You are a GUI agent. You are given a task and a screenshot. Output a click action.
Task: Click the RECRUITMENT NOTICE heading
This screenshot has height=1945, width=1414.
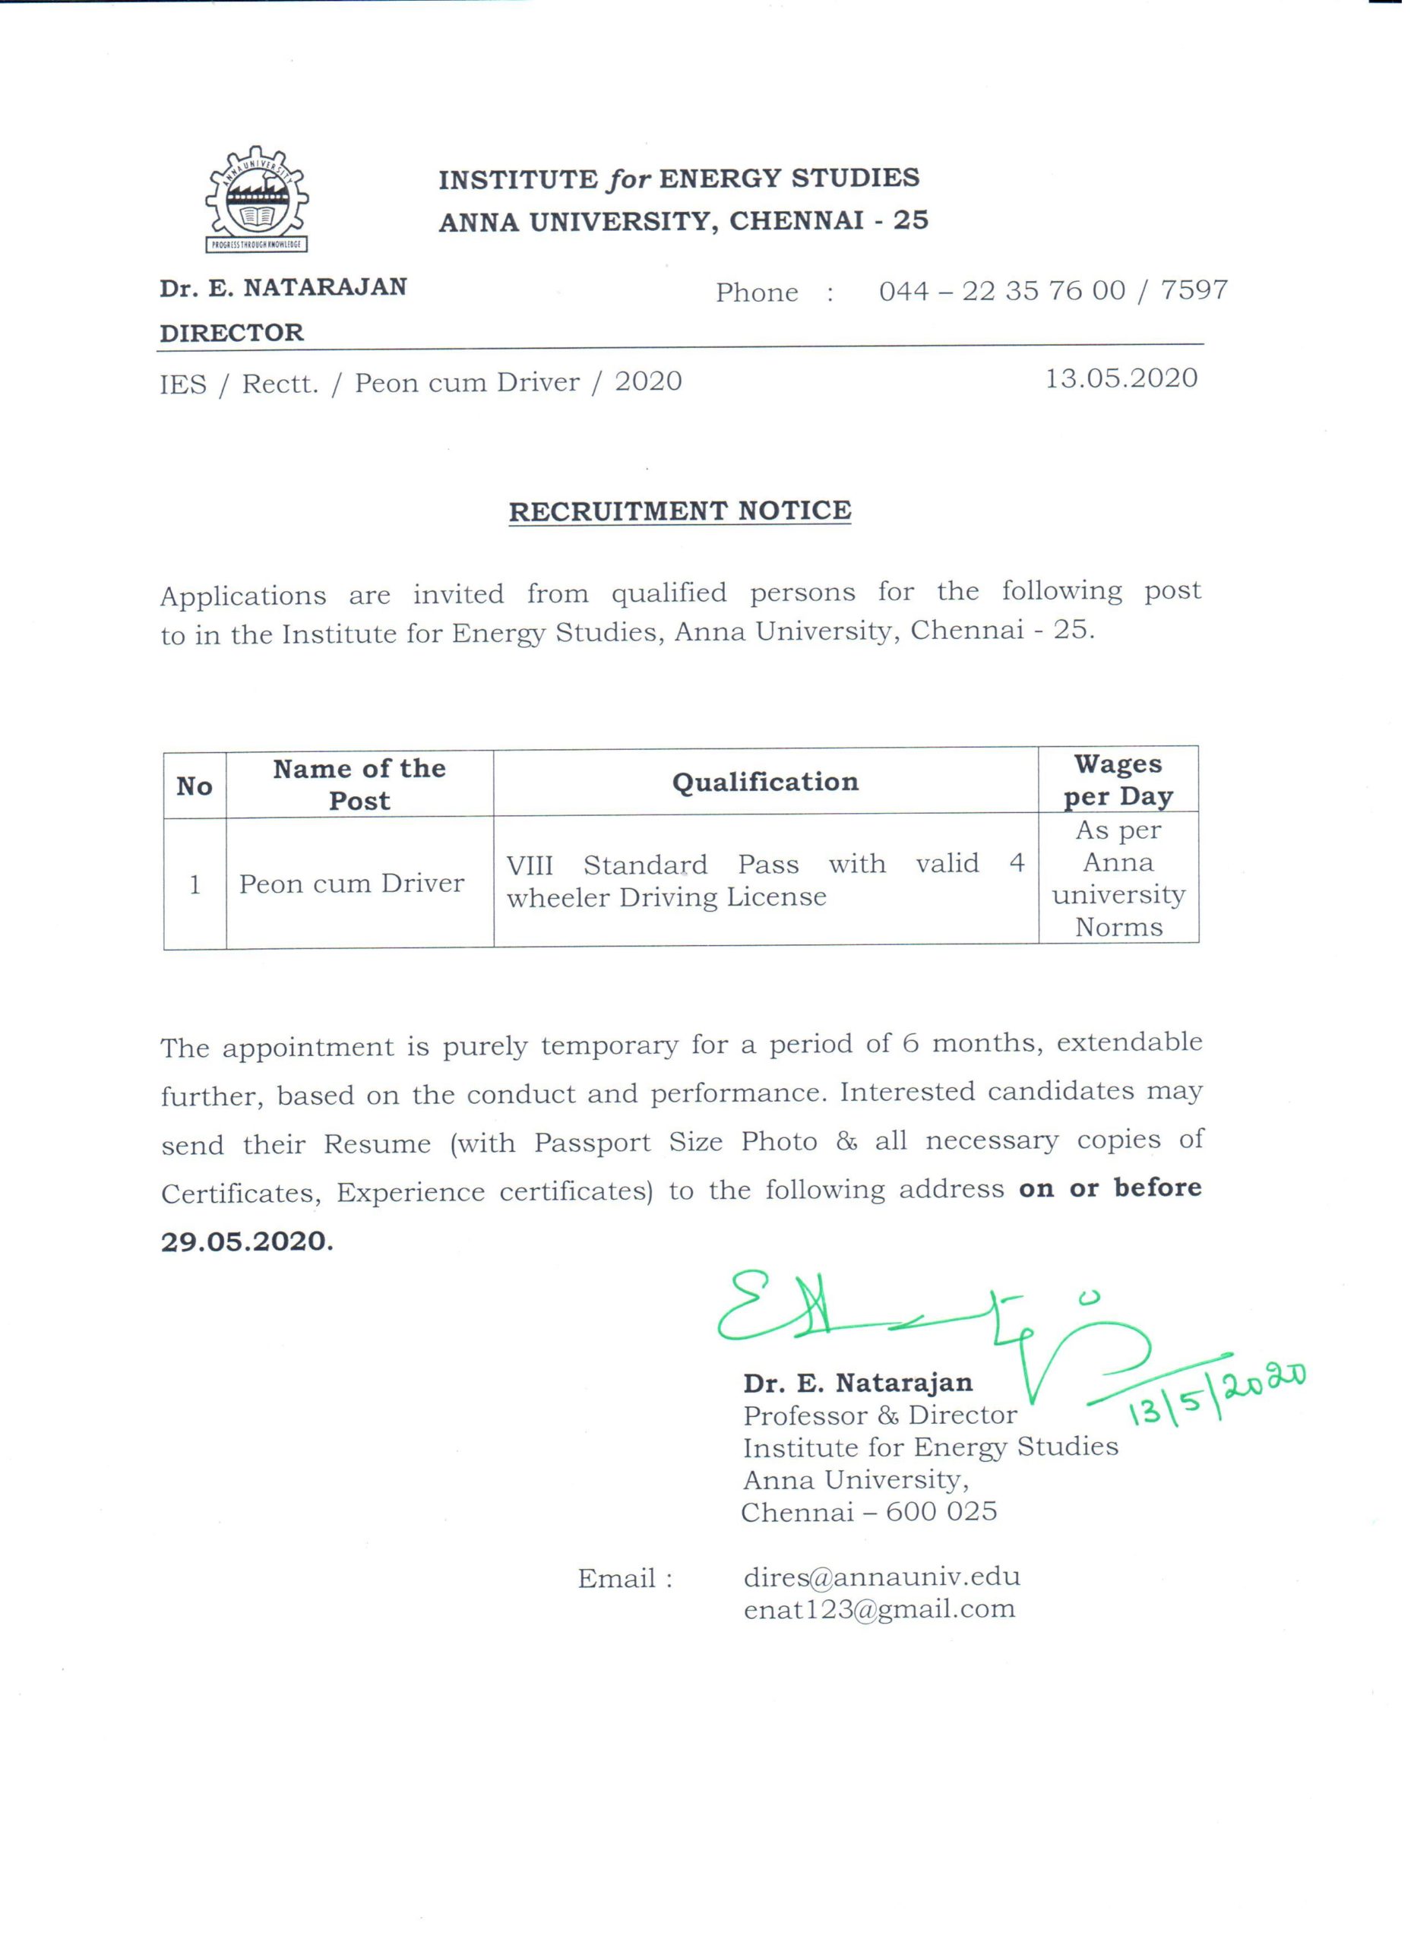pos(679,511)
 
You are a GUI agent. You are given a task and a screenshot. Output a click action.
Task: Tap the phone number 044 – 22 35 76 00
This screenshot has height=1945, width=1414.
pos(1001,292)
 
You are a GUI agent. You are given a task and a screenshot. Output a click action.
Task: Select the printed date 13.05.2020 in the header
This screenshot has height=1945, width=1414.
pos(1121,378)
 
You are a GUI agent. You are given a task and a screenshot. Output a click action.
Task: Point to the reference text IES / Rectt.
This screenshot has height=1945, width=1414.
pos(239,384)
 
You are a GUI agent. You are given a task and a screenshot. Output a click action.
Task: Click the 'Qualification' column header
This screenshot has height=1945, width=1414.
pos(765,782)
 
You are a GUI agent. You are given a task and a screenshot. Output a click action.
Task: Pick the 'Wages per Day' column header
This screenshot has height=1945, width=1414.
pos(1118,780)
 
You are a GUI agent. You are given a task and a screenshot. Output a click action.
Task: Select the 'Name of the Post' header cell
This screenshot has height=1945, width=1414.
pos(359,785)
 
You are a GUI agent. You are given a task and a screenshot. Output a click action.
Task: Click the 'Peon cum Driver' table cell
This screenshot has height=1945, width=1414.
pos(352,884)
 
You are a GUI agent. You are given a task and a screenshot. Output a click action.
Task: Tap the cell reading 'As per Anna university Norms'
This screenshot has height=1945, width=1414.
pos(1118,878)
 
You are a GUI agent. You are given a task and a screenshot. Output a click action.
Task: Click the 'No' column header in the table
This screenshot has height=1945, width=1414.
pos(195,786)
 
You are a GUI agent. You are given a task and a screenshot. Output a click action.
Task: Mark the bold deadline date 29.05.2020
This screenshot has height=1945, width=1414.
pos(246,1241)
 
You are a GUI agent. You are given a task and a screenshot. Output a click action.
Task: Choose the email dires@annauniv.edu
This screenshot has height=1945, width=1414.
pos(881,1577)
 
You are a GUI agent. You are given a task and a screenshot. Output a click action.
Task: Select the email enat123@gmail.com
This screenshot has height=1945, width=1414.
pos(879,1609)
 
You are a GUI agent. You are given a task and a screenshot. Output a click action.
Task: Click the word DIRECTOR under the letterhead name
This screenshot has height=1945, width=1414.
pos(232,333)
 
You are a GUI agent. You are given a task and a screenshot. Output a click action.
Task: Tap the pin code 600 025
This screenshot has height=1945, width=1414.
pos(941,1511)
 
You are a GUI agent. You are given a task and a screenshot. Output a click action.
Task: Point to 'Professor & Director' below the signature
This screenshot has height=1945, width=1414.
pos(880,1415)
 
